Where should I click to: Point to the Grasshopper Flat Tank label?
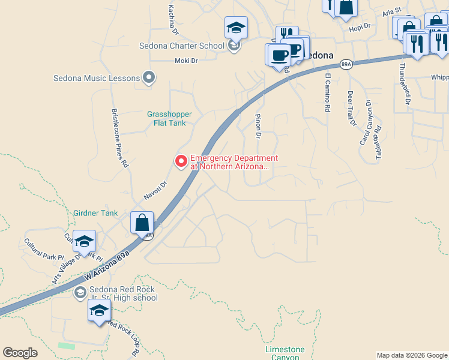[x=170, y=118]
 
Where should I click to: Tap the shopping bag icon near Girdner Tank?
[x=142, y=223]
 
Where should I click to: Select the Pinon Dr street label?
[x=258, y=127]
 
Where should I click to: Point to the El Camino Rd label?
[x=328, y=93]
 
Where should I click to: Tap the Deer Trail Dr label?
[x=351, y=109]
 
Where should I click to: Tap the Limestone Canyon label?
[x=285, y=353]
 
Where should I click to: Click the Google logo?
[x=20, y=353]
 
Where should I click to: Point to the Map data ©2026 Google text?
[x=411, y=355]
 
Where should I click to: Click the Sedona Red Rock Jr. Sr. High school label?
[x=122, y=293]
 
